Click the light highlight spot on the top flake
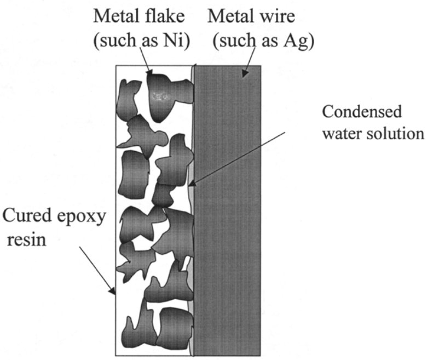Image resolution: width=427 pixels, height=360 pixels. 159,96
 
